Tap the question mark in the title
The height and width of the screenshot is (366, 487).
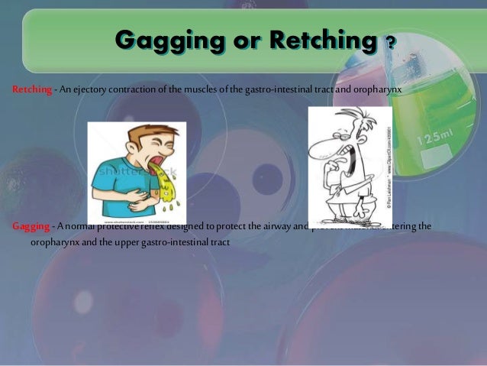pos(390,40)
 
